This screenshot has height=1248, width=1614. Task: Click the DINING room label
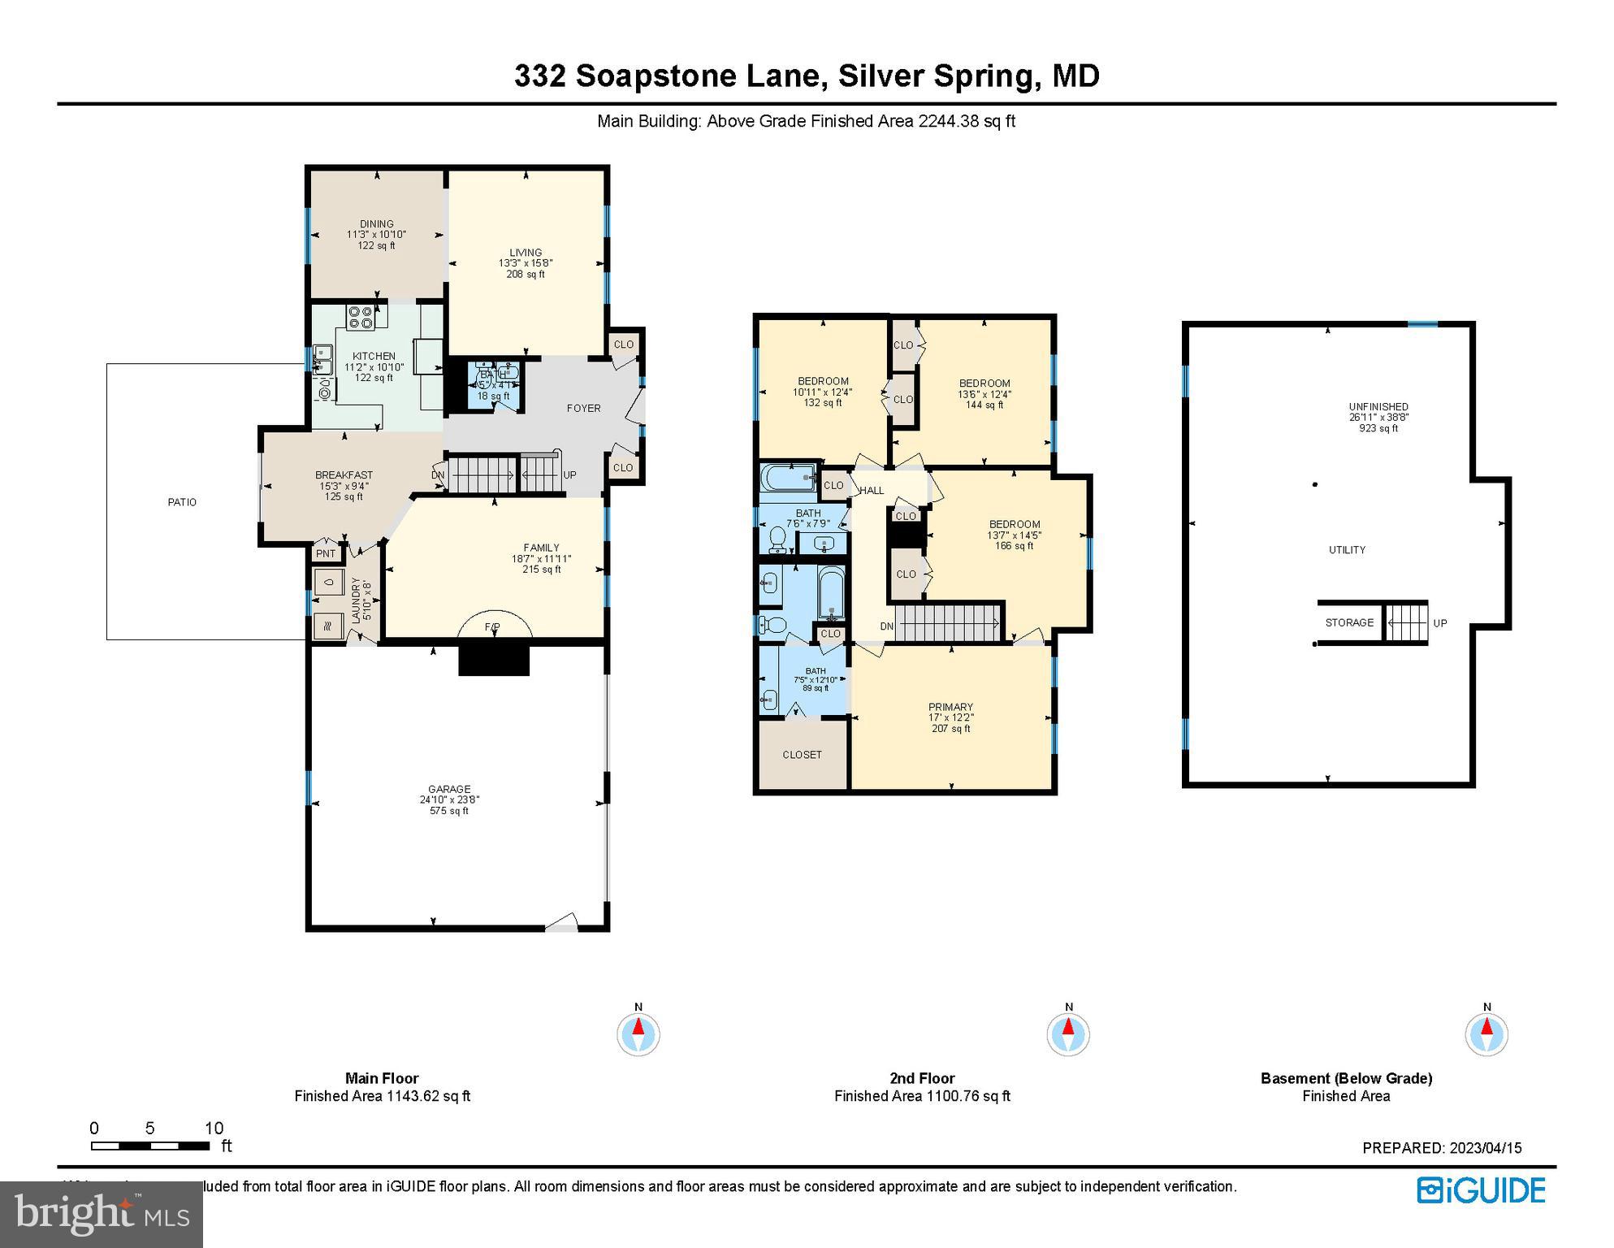376,224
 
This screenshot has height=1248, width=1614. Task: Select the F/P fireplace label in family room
492,626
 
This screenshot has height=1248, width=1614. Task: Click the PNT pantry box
325,553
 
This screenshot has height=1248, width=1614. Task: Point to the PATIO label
182,502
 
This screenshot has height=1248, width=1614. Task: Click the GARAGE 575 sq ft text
449,810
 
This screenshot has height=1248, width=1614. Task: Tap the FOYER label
583,408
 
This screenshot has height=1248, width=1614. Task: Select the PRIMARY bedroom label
950,707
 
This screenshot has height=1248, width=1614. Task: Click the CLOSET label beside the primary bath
802,755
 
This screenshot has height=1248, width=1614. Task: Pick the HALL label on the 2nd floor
872,490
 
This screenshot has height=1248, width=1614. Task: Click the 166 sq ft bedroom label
1014,545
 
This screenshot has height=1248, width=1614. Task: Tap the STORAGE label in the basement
1349,622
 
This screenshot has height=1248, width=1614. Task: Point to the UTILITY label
1347,550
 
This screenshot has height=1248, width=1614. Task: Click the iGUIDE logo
1481,1190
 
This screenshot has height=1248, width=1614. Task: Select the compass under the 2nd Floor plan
1068,1034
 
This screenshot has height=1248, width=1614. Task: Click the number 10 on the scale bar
214,1128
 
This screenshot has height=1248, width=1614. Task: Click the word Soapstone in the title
696,76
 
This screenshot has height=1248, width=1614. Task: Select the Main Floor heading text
382,1078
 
